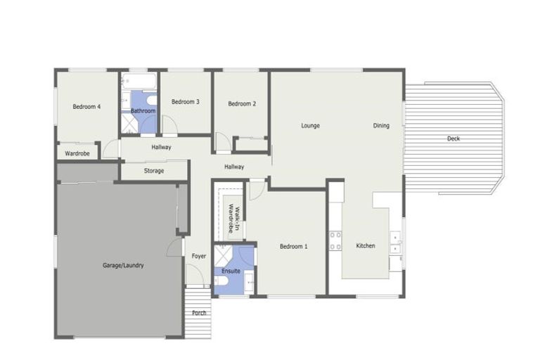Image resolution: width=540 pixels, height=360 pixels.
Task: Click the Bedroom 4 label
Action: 86,107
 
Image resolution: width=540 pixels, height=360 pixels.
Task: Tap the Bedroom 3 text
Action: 186,102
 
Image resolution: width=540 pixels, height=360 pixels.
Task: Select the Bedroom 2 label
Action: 242,104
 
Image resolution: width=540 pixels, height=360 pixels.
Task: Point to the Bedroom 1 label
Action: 293,246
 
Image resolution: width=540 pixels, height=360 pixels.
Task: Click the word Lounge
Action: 311,126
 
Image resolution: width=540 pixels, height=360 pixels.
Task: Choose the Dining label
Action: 381,126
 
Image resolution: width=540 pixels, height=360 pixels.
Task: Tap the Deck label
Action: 454,139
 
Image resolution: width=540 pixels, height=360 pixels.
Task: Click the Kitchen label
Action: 366,246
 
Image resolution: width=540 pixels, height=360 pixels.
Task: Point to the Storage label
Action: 154,171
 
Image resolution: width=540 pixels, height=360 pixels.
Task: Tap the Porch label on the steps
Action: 199,312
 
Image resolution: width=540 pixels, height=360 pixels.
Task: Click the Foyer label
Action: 199,256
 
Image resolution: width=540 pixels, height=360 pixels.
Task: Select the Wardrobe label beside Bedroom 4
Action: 77,153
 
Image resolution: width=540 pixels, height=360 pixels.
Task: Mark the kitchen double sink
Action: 396,243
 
